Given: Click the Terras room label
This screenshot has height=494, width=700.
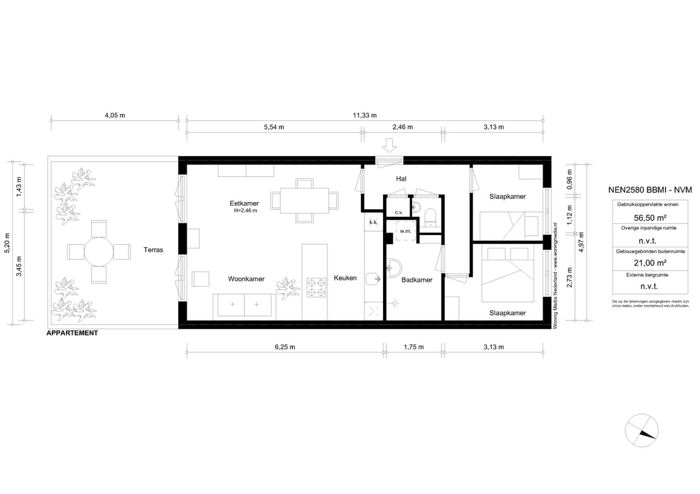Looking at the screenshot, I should point(154,249).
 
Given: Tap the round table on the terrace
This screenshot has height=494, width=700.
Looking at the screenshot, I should point(99,251).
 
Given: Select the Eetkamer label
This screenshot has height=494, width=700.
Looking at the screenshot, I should point(245,203).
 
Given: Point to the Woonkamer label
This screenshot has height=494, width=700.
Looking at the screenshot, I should point(246,279).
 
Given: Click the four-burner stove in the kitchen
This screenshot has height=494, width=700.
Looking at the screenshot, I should point(316,287).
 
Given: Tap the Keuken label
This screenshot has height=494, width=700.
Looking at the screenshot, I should point(345,278).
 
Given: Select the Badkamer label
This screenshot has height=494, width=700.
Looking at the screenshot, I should point(417,280).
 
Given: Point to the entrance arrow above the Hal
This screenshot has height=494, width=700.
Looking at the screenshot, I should point(390,144).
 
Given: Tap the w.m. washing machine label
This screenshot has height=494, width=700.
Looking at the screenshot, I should point(406,230).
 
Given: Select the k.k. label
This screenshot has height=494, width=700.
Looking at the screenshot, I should point(373,222).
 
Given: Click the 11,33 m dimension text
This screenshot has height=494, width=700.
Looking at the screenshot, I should point(365,115).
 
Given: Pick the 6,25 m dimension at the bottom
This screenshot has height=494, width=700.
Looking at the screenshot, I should point(285,347).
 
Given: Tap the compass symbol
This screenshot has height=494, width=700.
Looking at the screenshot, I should point(641,431).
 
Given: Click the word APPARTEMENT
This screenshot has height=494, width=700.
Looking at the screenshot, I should point(73,333).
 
